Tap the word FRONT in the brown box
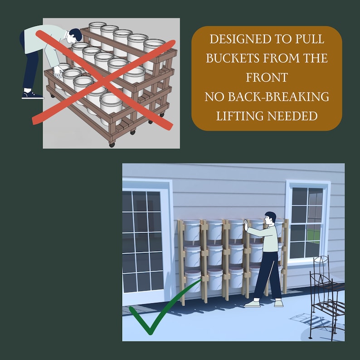pos(267,78)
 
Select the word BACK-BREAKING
pos(278,97)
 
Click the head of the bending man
pos(76,35)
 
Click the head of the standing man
pos(270,219)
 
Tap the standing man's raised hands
pos(246,225)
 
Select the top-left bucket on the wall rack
pos(192,230)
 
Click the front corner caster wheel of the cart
pos(112,145)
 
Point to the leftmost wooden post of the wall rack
pos(182,262)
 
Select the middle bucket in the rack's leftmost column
pos(192,256)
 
